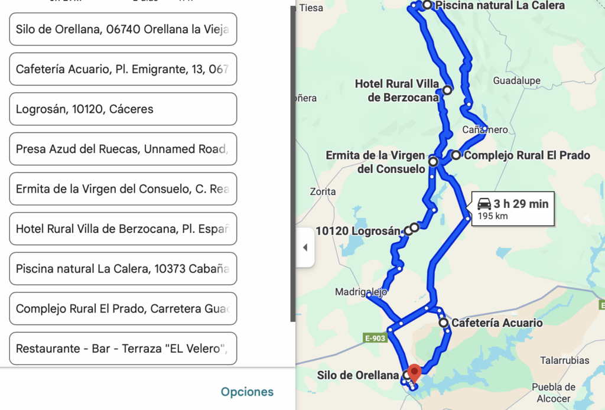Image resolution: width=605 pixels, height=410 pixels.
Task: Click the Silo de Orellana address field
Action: click(x=123, y=29)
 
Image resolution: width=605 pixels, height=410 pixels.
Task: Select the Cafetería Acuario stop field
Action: click(x=123, y=69)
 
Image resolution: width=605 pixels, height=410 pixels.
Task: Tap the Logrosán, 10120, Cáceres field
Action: click(x=123, y=109)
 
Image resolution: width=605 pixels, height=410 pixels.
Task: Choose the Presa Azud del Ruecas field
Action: click(x=123, y=149)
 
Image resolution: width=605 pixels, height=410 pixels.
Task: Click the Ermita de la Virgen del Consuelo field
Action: click(x=123, y=189)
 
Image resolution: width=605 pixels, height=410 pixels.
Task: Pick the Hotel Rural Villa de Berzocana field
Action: click(x=123, y=229)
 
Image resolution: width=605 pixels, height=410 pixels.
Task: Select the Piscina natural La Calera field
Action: click(x=123, y=269)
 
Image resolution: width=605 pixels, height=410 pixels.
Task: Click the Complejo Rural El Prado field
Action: click(x=123, y=308)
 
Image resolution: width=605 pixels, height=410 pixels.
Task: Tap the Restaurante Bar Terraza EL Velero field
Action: click(x=123, y=349)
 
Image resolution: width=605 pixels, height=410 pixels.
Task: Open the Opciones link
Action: click(x=247, y=392)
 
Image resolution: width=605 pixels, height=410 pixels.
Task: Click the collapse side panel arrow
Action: click(x=305, y=248)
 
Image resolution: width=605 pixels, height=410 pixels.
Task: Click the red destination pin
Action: click(x=415, y=372)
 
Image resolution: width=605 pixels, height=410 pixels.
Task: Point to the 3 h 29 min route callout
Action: click(x=513, y=209)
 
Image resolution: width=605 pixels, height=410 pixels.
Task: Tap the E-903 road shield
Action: click(x=375, y=338)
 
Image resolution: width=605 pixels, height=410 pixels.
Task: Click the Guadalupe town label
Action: click(x=516, y=81)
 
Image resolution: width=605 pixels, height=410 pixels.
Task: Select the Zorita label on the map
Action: click(x=323, y=191)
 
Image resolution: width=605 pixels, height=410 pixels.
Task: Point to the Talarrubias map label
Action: click(x=564, y=360)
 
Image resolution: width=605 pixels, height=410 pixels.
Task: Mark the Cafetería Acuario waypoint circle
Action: click(x=444, y=323)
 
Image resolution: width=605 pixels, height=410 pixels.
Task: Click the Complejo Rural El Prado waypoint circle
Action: click(x=456, y=155)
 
